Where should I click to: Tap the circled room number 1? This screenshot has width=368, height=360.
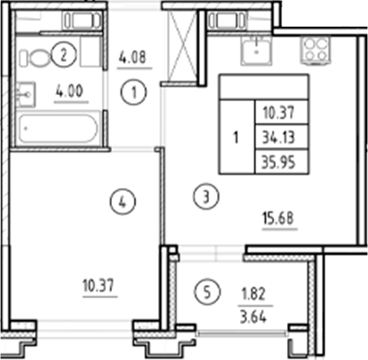133,94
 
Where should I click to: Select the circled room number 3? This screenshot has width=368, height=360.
208,197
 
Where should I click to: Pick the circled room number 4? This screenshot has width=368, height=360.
124,200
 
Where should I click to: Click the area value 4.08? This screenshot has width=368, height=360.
134,59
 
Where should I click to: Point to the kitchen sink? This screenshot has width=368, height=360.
253,51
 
